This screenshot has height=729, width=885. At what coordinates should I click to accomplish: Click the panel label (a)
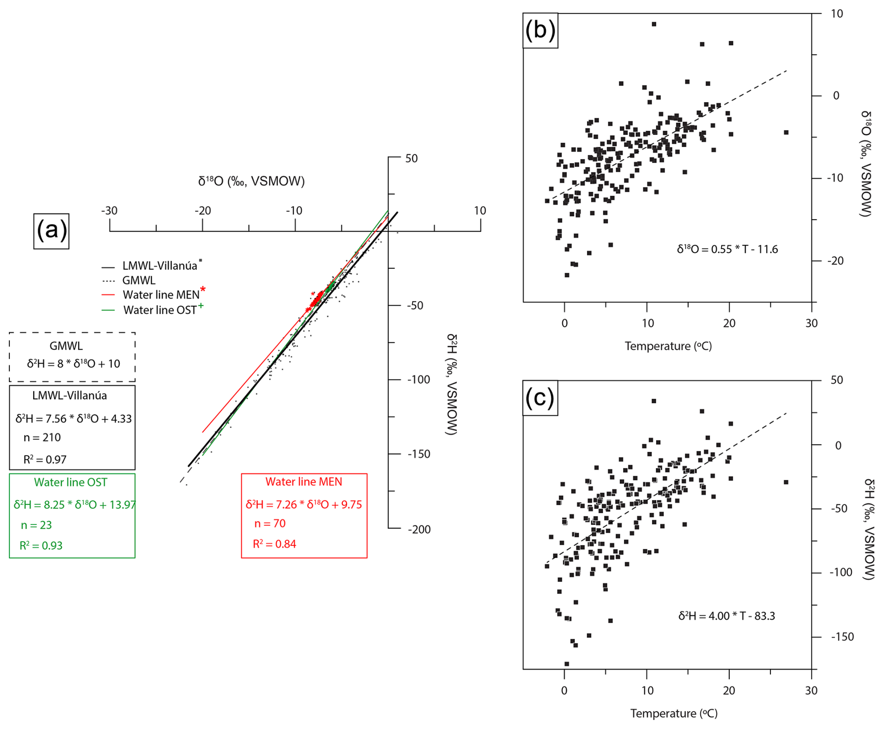point(51,231)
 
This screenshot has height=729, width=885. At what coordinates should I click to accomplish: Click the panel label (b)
point(540,30)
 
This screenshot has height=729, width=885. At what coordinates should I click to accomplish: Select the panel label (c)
point(540,398)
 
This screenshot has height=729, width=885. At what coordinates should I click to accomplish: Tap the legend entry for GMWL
point(138,280)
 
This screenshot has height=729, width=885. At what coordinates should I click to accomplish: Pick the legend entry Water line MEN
point(160,295)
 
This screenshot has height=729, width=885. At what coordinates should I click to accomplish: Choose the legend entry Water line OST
point(160,310)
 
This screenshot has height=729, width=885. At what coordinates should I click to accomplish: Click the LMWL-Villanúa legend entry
point(160,266)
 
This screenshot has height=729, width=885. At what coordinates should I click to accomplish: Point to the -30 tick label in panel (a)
point(109,211)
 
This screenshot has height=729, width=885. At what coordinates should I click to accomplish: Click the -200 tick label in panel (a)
point(419,530)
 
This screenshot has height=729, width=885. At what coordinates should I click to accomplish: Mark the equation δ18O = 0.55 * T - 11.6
point(727,249)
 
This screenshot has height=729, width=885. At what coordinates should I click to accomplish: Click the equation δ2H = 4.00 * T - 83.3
point(726,616)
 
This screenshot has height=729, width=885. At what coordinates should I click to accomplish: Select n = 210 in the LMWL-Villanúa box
point(42,438)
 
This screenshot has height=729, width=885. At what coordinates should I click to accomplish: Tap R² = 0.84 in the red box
point(275,544)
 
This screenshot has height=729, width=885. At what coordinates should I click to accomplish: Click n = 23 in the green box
point(36,525)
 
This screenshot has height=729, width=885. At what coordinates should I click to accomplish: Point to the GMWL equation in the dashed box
point(73,364)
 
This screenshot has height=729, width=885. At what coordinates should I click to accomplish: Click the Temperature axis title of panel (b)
point(668,346)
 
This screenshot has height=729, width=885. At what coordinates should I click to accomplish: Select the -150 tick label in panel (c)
point(842,637)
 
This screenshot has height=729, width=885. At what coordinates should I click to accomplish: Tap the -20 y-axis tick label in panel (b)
point(834,261)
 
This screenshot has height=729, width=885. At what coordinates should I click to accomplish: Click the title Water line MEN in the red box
point(304,482)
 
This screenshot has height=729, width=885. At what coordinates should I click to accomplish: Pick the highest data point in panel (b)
point(654,24)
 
